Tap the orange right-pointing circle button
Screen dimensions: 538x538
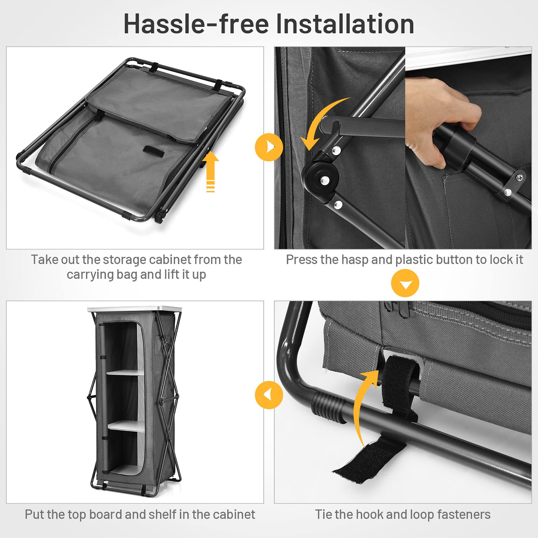[269, 147]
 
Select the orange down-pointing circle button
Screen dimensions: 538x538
[405, 283]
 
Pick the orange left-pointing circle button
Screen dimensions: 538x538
[269, 395]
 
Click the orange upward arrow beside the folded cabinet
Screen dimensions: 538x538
[211, 171]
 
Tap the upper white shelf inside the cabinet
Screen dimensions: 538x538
[125, 372]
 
